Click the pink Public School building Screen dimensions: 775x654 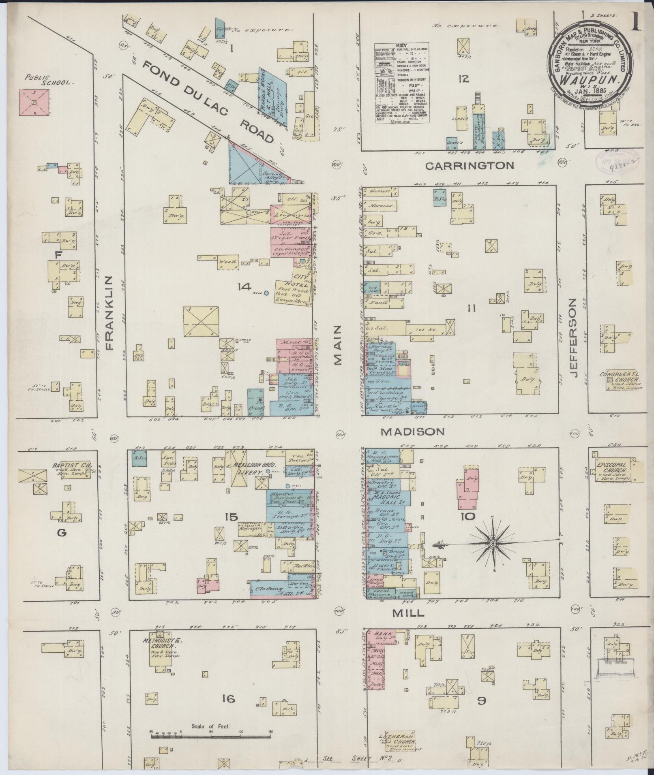tap(34, 102)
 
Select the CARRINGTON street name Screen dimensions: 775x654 tap(470, 165)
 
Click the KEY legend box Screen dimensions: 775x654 tap(402, 83)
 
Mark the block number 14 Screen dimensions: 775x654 tap(244, 287)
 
